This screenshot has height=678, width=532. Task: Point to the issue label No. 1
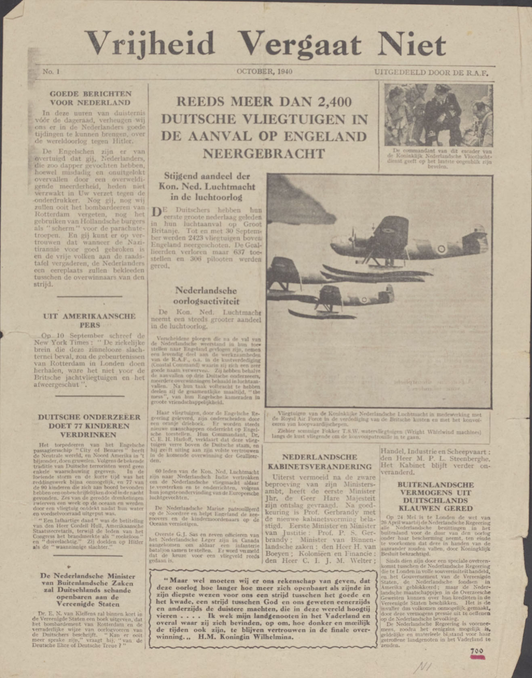pos(51,72)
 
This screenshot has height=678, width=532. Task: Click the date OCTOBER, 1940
pos(265,72)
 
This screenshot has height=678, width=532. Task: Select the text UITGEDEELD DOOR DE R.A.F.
pos(431,73)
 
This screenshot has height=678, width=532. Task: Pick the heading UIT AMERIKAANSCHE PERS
pos(89,321)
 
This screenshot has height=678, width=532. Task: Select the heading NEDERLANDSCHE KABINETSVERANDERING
pos(320,462)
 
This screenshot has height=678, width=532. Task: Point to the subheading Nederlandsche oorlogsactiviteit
pos(206,296)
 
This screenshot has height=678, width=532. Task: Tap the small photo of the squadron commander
pos(438,115)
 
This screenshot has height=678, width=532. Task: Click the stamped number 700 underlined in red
pos(476,651)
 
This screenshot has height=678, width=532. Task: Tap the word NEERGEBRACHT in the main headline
pos(263,154)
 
